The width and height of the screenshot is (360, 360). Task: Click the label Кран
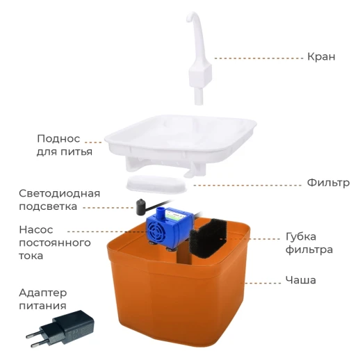coord(321,56)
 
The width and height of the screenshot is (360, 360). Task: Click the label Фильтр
coord(327,183)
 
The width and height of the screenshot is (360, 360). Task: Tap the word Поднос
coord(58,138)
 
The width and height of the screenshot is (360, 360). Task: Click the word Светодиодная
coord(59,193)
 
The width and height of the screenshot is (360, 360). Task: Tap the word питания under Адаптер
coord(42,305)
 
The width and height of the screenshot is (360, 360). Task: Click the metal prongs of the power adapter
coord(35,338)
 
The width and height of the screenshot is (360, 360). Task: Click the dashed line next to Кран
coord(257,56)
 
